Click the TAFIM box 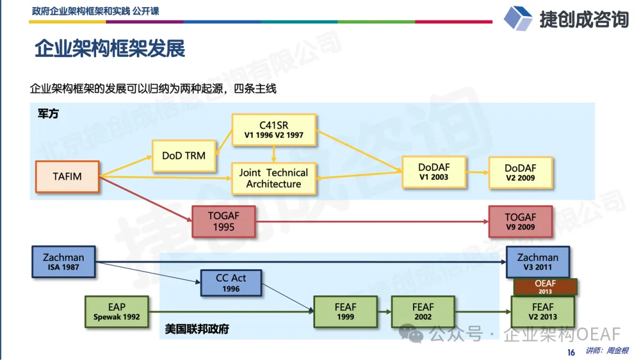coord(67,176)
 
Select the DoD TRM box coord(183,155)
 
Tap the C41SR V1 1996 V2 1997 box coord(273,130)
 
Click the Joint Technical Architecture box coord(273,178)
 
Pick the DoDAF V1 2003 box coord(433,172)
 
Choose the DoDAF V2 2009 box coord(520,173)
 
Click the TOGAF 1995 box coord(224,221)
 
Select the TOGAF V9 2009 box coord(520,221)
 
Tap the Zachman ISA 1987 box coord(64,262)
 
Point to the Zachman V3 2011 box coord(538,262)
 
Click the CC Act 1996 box coord(231,282)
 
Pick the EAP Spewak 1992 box coord(117,311)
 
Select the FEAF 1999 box coord(345,311)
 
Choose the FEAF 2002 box coord(423,311)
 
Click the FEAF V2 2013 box coord(542,311)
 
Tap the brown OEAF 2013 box coord(545,287)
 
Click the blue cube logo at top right coord(518,18)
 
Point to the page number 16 coord(571,352)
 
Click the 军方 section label coord(48,114)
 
